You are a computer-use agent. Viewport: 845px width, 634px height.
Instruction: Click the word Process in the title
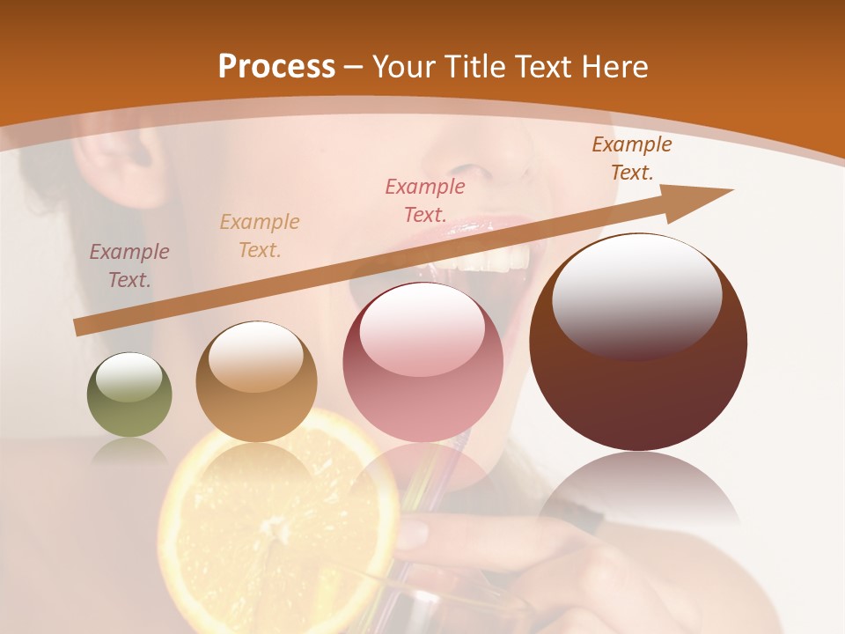tap(276, 66)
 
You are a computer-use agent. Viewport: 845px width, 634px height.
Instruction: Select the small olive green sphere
tap(129, 394)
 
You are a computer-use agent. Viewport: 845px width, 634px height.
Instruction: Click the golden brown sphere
tap(256, 381)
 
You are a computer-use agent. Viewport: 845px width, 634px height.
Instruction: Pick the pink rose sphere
tap(422, 362)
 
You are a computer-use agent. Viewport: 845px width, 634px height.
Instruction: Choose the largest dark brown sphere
tap(638, 342)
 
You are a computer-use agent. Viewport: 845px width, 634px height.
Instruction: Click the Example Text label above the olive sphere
tap(129, 265)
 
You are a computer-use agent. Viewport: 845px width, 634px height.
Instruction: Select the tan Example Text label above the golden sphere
tap(260, 235)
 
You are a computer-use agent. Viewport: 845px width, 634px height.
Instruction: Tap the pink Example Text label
tap(425, 200)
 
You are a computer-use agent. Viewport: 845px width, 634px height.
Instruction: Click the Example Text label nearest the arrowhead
tap(632, 158)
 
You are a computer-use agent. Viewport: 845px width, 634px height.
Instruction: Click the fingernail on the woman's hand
tap(415, 531)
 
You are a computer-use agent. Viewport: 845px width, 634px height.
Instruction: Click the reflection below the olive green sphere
tap(129, 453)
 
